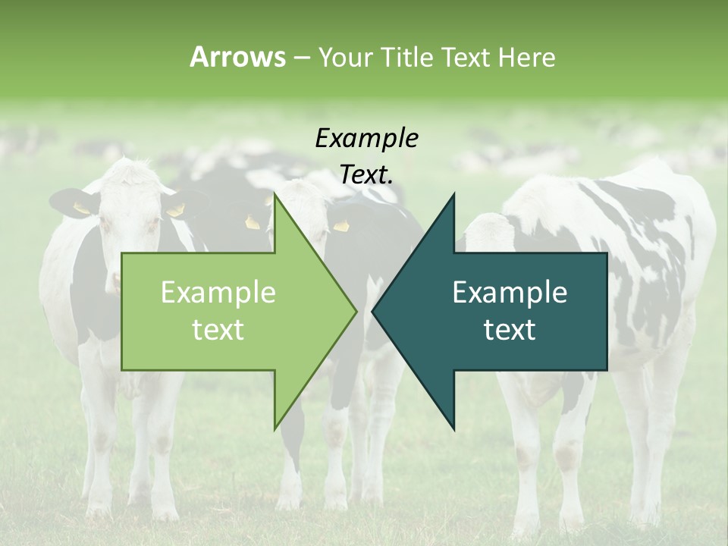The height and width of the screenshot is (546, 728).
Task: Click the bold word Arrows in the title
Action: [x=237, y=57]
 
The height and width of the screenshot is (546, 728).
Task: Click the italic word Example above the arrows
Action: [x=366, y=139]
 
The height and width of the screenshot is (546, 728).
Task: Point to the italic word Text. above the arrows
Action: [x=366, y=175]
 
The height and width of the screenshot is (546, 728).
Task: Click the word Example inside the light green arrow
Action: [x=218, y=293]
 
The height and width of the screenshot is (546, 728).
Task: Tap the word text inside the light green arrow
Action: [x=218, y=330]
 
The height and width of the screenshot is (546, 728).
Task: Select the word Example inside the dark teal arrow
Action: [x=510, y=293]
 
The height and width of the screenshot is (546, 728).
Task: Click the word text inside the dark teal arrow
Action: [x=510, y=330]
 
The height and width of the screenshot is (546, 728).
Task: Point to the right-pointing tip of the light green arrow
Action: [x=356, y=311]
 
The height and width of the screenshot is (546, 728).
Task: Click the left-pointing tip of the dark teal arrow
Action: [x=373, y=311]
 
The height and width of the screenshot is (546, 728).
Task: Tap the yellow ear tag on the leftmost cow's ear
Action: [x=81, y=208]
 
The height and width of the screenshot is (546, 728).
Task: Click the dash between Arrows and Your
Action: [x=300, y=58]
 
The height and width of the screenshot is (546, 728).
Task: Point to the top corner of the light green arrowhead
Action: [x=275, y=195]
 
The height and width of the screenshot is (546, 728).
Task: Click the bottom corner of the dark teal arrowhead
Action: [x=453, y=429]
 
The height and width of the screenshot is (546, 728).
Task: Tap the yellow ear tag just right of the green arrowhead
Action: [x=341, y=226]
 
